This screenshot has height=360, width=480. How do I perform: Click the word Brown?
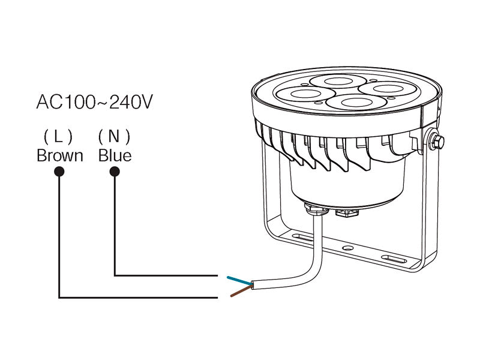[60, 156]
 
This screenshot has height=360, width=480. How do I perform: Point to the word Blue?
[115, 156]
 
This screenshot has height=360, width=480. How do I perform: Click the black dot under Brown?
[59, 172]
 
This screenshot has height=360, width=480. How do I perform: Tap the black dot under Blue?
[115, 172]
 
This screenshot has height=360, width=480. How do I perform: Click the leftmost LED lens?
[305, 94]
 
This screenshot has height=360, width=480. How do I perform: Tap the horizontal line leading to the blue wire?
[166, 275]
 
